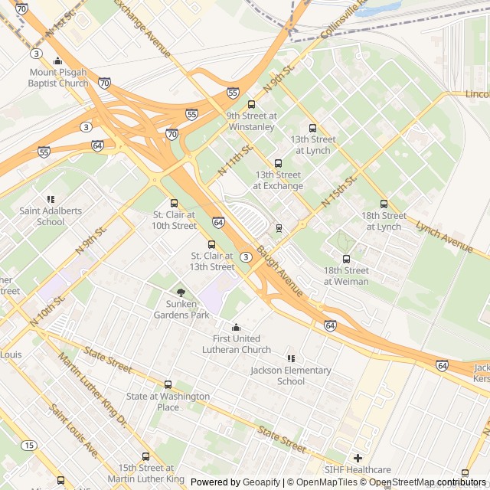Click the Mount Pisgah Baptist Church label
pyautogui.click(x=58, y=78)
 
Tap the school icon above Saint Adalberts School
pyautogui.click(x=51, y=200)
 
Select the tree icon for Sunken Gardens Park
pyautogui.click(x=181, y=292)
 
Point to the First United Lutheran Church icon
pyautogui.click(x=236, y=328)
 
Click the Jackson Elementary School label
pyautogui.click(x=291, y=376)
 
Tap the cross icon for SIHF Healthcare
pyautogui.click(x=358, y=458)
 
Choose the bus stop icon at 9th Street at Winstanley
pyautogui.click(x=251, y=105)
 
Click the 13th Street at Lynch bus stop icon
pyautogui.click(x=312, y=129)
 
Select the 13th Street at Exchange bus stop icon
pyautogui.click(x=278, y=164)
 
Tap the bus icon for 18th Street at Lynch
pyautogui.click(x=384, y=204)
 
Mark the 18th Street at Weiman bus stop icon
pyautogui.click(x=346, y=260)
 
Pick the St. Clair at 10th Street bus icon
pyautogui.click(x=174, y=204)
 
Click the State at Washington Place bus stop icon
pyautogui.click(x=168, y=385)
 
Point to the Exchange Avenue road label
pyautogui.click(x=142, y=28)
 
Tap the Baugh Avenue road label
pyautogui.click(x=279, y=271)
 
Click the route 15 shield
pyautogui.click(x=29, y=445)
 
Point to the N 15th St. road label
pyautogui.click(x=341, y=191)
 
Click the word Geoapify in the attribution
pyautogui.click(x=260, y=482)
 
